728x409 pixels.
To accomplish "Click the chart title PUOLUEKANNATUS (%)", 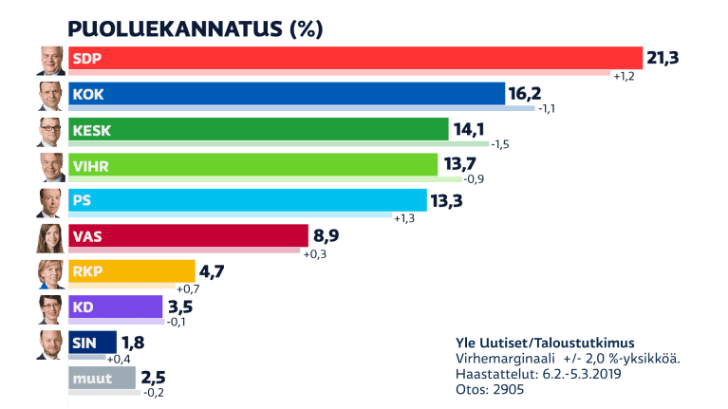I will click(x=196, y=28).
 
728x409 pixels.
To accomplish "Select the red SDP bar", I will click(x=356, y=58).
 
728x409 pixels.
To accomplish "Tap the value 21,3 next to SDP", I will click(x=664, y=59).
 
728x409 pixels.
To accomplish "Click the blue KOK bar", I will click(x=287, y=93).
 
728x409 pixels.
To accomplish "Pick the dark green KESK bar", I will click(x=258, y=129).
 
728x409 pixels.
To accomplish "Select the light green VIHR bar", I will click(x=253, y=165).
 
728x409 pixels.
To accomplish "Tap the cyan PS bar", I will click(x=248, y=200).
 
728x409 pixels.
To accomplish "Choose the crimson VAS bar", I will click(x=189, y=236).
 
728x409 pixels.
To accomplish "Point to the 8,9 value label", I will click(x=326, y=236).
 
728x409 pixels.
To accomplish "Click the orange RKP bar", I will click(x=132, y=271).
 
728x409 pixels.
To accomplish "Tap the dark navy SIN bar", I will click(x=93, y=343).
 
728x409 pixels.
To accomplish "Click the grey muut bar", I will click(x=103, y=379).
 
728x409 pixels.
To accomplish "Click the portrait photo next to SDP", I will click(x=50, y=60).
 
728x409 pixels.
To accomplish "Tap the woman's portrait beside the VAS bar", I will click(x=50, y=237).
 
